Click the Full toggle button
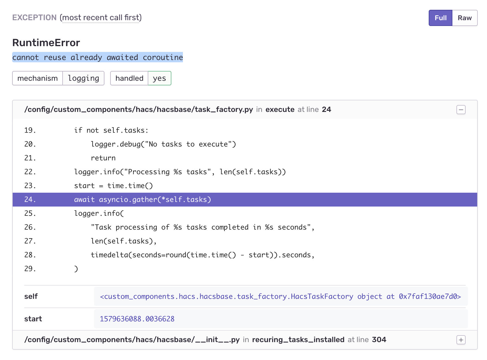(x=440, y=18)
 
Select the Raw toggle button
(x=464, y=18)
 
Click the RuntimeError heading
(x=46, y=43)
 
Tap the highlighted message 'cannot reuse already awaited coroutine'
(x=98, y=57)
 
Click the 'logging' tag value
(x=83, y=78)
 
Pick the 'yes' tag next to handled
(x=159, y=78)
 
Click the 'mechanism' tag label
(x=38, y=78)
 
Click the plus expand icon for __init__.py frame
(x=461, y=340)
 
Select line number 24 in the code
(x=30, y=200)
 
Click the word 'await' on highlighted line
(x=84, y=200)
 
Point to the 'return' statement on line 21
(x=103, y=158)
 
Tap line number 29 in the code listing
(x=30, y=269)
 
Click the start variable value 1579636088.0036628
(x=137, y=319)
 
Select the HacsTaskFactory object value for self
(x=280, y=297)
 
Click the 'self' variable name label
(x=31, y=297)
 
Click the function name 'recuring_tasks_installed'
(x=298, y=340)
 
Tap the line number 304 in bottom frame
(x=379, y=340)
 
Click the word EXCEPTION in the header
(x=34, y=18)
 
